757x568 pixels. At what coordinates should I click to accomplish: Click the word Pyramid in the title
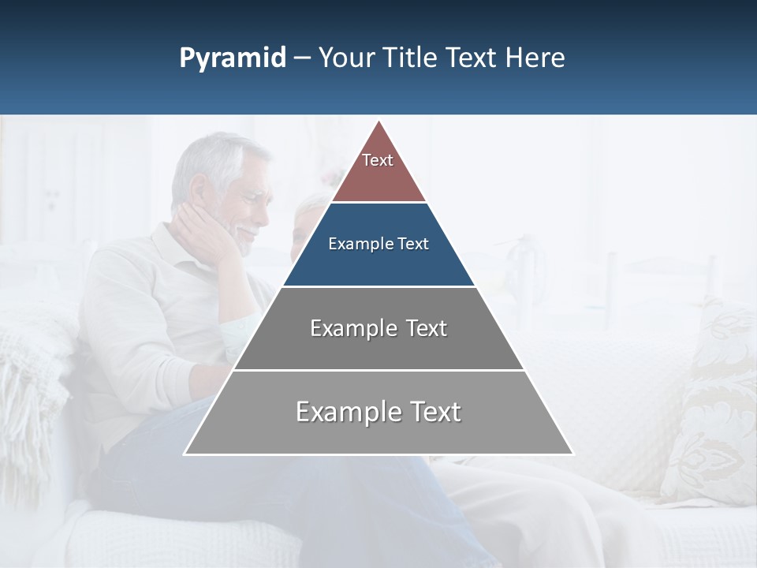pyautogui.click(x=233, y=58)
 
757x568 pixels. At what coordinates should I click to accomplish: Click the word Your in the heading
pyautogui.click(x=346, y=58)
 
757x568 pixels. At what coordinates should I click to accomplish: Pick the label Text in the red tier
pyautogui.click(x=378, y=160)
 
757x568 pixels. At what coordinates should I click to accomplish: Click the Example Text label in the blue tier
pyautogui.click(x=378, y=244)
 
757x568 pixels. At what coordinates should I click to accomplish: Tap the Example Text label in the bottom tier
pyautogui.click(x=378, y=412)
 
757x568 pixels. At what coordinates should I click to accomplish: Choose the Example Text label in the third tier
pyautogui.click(x=378, y=328)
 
